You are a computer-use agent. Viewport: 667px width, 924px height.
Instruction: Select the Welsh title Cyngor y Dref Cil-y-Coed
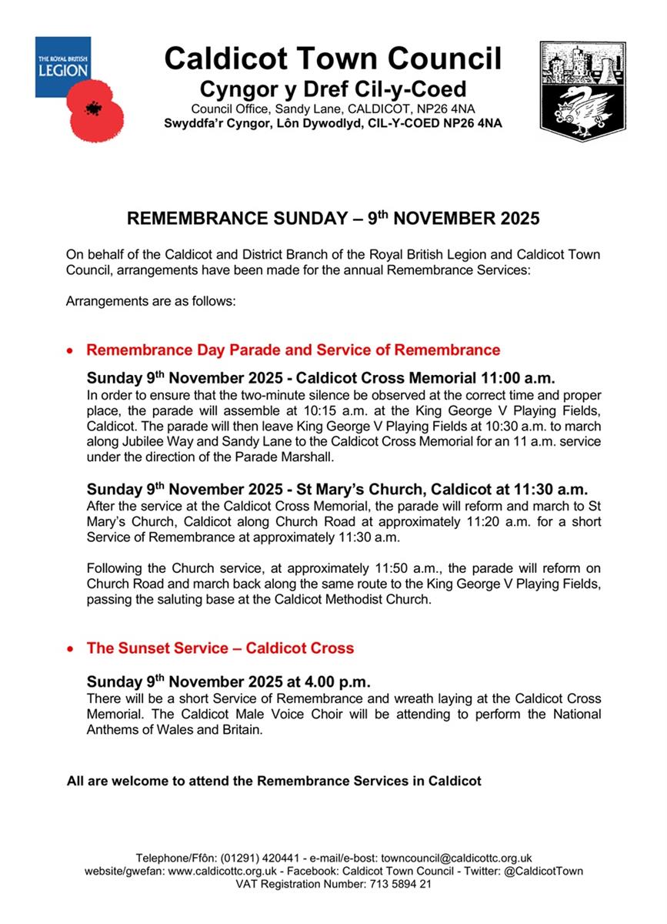click(333, 89)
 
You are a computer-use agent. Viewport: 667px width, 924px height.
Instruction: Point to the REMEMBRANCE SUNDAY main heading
click(333, 219)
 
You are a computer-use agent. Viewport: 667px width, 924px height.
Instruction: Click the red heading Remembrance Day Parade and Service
click(293, 350)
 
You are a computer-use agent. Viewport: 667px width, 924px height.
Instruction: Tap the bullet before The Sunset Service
click(72, 649)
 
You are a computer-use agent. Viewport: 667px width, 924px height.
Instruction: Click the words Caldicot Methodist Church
click(353, 599)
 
